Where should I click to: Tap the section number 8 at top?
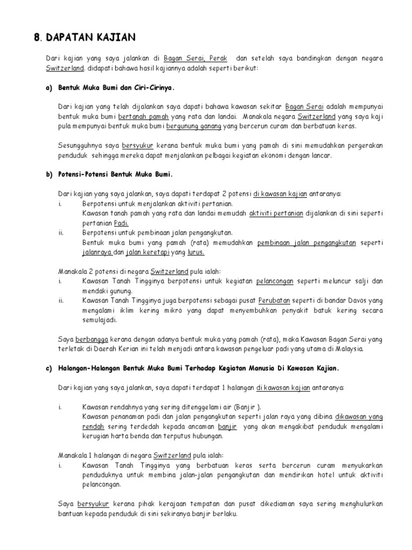tap(36, 37)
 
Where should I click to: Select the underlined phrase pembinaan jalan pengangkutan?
tap(306, 242)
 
